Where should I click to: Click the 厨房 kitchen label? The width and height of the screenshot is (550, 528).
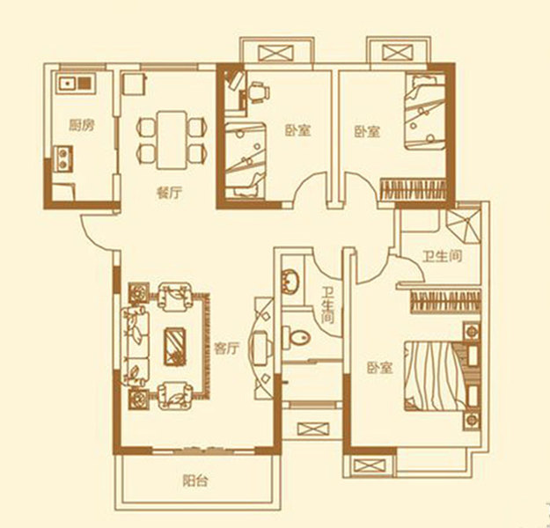pos(82,125)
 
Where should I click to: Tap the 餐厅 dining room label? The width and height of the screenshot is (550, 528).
pos(170,193)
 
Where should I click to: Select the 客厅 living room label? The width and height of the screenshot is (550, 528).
pos(226,348)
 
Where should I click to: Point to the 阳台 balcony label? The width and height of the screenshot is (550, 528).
pos(195,481)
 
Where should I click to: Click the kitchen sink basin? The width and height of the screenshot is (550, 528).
pos(67,84)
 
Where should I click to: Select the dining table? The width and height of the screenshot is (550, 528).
pos(172,140)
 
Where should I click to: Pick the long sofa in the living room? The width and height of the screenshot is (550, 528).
pos(135,347)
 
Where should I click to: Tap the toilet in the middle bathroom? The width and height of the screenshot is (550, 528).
pos(297,338)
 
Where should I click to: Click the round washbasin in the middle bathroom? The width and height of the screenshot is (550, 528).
pos(290,281)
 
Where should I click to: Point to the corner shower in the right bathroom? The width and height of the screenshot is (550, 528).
pos(464,225)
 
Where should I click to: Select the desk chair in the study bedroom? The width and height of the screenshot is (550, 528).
pos(259,92)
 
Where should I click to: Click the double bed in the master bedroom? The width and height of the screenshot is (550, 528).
pos(435,376)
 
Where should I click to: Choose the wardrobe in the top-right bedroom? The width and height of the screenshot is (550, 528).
pos(414,190)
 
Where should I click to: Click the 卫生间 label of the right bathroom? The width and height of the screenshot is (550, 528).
pos(443,256)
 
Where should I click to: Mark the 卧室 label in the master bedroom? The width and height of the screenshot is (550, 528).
pos(380,368)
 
